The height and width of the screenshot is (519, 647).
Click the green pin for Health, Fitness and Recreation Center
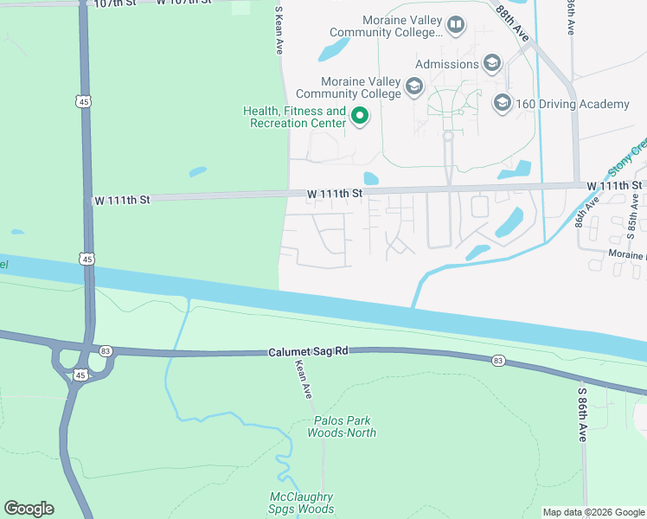coord(360,116)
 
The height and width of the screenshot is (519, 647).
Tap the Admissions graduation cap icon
coord(492,63)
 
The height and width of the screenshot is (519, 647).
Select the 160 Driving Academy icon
coord(502,104)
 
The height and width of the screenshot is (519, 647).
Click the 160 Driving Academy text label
coord(573,105)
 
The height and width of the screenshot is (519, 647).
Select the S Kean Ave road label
coord(279,31)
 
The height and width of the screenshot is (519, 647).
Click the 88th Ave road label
coord(514,19)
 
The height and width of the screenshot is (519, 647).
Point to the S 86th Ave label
coord(582,414)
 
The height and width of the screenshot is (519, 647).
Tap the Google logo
coord(29,508)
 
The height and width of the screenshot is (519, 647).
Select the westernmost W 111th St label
coord(122,200)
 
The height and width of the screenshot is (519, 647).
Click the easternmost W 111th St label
coord(613,186)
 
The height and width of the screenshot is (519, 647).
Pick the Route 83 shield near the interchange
coord(106,350)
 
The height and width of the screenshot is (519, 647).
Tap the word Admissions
coord(446,64)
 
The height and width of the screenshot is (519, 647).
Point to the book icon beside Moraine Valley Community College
coord(456,26)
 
